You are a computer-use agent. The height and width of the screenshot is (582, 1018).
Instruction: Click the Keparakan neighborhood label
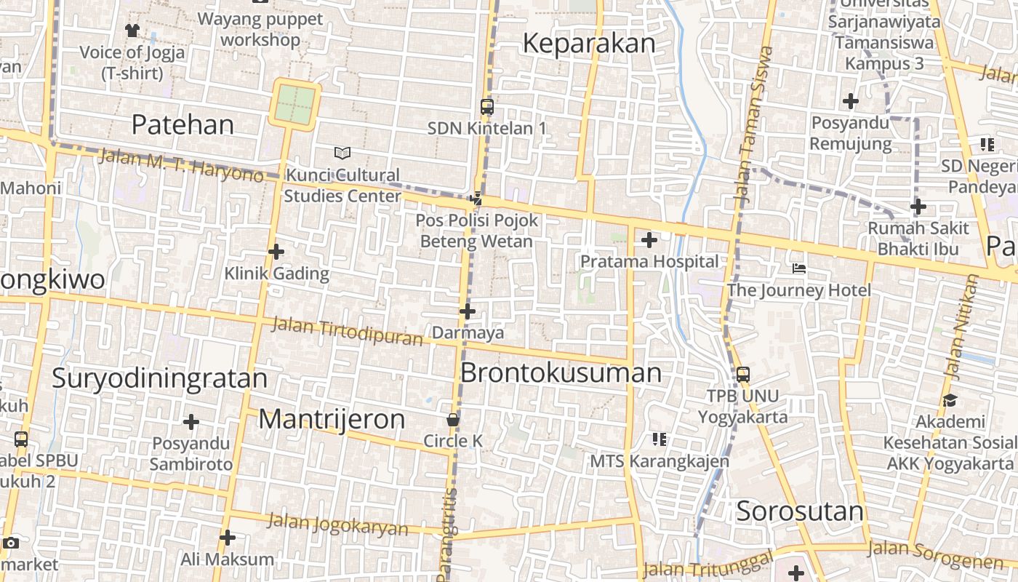coord(589,44)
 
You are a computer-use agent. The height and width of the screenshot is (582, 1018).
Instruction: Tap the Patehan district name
coord(183,125)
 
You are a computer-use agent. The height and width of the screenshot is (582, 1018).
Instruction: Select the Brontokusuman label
coord(561,373)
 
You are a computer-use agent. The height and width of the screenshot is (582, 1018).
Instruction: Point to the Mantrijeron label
coord(332,419)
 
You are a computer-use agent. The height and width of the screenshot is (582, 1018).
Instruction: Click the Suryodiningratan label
coord(160,378)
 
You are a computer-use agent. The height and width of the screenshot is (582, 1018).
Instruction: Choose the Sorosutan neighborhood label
coord(800,511)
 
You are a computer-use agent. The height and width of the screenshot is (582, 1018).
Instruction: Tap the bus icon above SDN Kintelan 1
coord(487,106)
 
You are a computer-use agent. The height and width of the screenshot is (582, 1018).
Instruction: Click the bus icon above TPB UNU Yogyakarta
coord(742,375)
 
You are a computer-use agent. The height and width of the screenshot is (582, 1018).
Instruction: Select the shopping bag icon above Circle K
coord(453,420)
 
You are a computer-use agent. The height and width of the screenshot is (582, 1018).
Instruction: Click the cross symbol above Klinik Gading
coord(276,252)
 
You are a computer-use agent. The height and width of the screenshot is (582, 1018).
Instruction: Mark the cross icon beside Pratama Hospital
coord(649,240)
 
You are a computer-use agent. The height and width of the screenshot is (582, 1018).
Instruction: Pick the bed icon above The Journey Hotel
coord(799,268)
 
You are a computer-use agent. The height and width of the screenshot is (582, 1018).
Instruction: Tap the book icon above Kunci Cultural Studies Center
coord(342,153)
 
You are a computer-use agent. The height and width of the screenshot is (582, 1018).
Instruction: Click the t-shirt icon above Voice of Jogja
coord(132,30)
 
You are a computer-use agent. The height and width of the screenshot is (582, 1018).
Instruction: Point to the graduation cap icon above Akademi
coord(950,400)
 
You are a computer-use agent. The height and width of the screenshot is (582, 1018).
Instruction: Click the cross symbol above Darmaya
coord(467,311)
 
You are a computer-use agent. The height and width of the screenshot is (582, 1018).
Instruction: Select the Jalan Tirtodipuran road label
coord(347,331)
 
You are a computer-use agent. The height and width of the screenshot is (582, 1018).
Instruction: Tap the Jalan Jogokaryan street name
coord(337,524)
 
